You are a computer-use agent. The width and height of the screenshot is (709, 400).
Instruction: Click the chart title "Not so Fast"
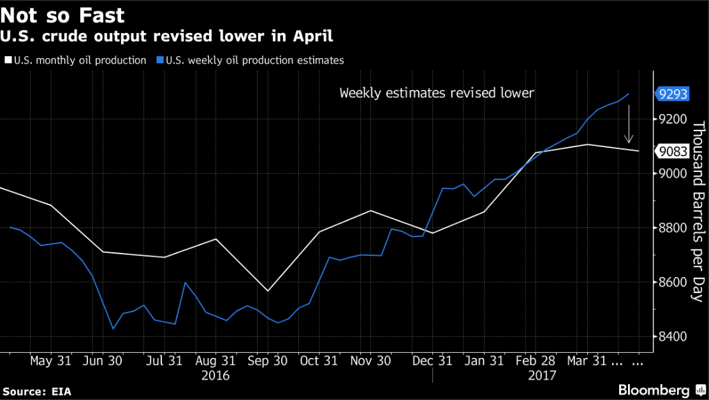(x=62, y=15)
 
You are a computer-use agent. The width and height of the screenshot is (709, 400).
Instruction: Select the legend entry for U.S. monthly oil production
(x=80, y=61)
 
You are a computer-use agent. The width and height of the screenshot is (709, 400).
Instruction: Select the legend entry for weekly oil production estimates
(x=251, y=61)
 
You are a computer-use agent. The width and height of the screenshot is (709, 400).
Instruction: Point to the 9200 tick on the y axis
(x=673, y=119)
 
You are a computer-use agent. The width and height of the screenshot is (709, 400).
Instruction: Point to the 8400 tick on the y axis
(x=673, y=336)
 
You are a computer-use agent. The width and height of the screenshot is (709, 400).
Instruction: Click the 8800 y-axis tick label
(x=673, y=228)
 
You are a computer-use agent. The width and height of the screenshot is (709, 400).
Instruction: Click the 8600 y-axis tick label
(x=673, y=282)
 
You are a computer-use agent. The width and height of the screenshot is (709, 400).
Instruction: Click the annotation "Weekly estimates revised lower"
(x=437, y=94)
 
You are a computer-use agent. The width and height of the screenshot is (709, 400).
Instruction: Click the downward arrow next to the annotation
(x=629, y=124)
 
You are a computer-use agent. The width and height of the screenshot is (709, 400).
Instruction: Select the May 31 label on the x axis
(x=50, y=361)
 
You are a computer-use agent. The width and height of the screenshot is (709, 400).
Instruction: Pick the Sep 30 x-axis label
(x=267, y=361)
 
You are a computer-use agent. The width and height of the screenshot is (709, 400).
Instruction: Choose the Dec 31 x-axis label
(x=432, y=361)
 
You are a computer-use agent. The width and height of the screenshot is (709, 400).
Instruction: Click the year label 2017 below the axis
(x=541, y=375)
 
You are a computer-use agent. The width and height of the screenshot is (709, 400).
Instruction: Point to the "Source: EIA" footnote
(x=36, y=390)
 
